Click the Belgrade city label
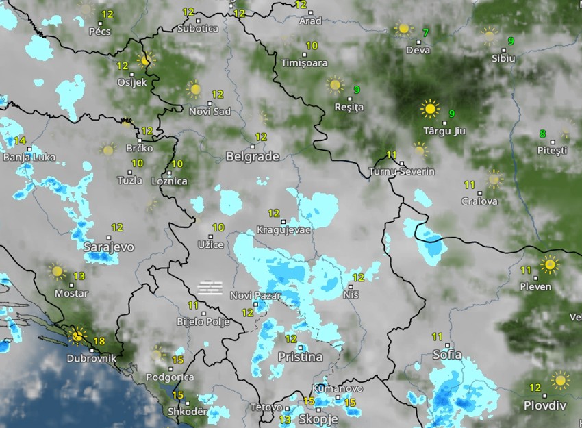tap(252, 156)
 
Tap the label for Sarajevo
tap(109, 247)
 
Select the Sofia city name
tap(447, 355)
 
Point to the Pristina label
tap(300, 357)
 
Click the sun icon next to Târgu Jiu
tap(430, 108)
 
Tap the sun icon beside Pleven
tap(549, 264)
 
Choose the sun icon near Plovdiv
tap(560, 380)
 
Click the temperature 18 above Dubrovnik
tap(99, 341)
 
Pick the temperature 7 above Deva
tap(426, 33)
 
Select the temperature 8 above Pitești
tap(542, 134)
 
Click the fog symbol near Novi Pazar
tap(210, 287)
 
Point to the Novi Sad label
tap(210, 111)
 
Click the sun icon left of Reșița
tap(335, 84)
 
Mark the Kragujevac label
tap(283, 230)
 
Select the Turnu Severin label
tap(401, 171)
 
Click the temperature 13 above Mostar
tap(79, 276)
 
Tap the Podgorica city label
tap(170, 377)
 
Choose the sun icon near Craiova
tap(494, 179)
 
